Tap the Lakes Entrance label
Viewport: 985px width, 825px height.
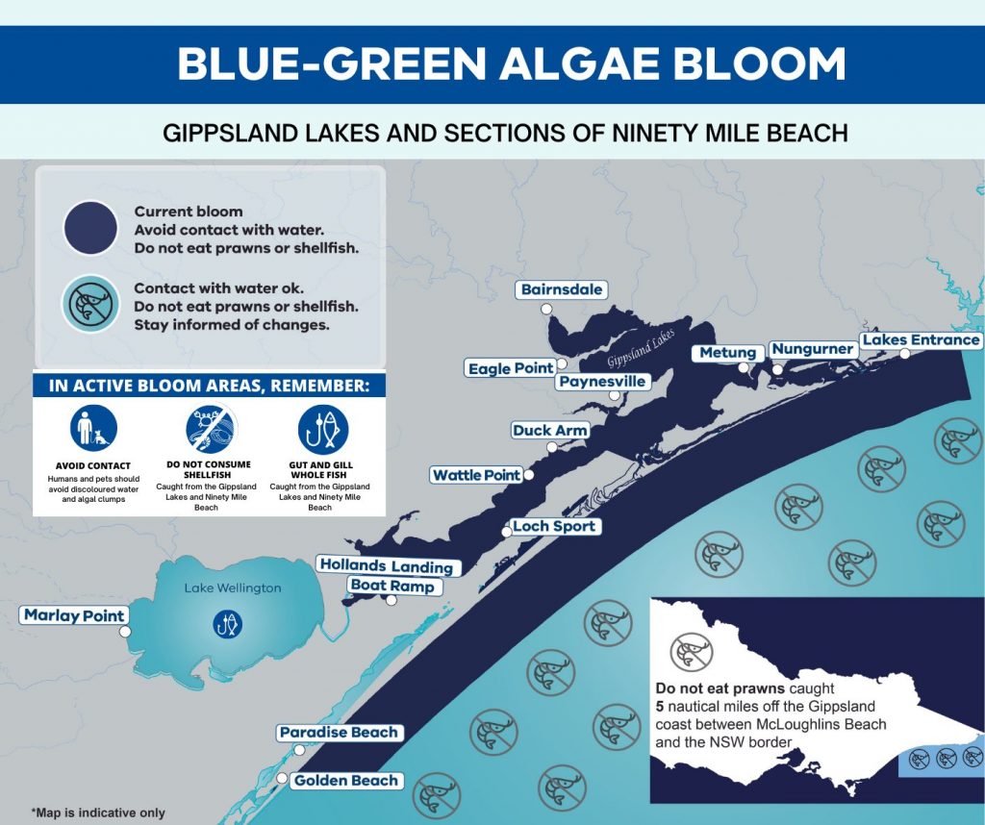[x=921, y=339]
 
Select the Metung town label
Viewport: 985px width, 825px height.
[x=728, y=353]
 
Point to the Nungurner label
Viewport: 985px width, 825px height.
[x=813, y=348]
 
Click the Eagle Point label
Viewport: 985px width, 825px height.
[x=511, y=368]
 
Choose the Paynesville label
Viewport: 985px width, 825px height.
[x=602, y=382]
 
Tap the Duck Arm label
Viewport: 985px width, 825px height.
[x=549, y=430]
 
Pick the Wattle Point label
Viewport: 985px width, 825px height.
[x=476, y=475]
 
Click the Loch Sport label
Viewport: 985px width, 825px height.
[x=554, y=526]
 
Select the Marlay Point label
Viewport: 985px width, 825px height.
[x=74, y=615]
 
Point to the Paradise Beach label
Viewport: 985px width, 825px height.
[x=339, y=733]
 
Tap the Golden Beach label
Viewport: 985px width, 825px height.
[x=346, y=781]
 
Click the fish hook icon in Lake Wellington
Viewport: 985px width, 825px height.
[x=228, y=624]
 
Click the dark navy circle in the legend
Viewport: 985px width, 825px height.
[x=90, y=228]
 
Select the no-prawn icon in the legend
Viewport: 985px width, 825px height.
[x=90, y=304]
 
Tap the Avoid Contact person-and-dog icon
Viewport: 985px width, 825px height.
[x=93, y=429]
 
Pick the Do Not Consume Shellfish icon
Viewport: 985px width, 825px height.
[x=209, y=429]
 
